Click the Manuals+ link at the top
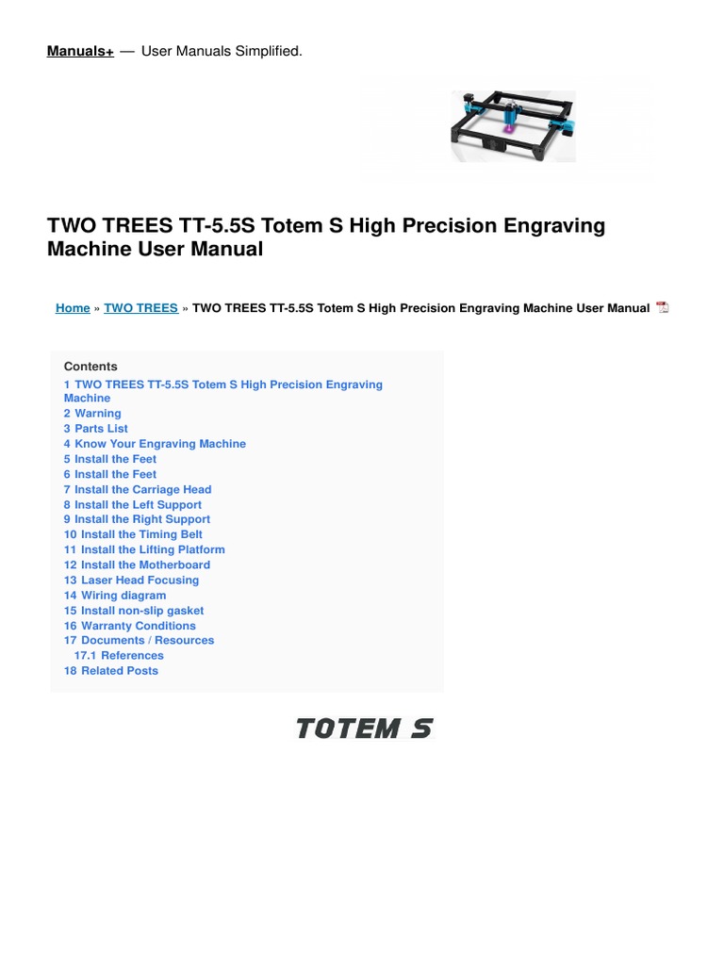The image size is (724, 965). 80,51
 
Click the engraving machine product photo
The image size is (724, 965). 512,126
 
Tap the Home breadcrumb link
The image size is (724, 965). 73,308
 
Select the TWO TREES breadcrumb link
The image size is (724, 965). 140,308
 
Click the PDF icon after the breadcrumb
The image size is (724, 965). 662,308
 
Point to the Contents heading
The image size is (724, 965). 90,367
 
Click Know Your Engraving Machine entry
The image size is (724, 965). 155,444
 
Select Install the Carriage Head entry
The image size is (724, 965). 138,489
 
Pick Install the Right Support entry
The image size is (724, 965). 137,519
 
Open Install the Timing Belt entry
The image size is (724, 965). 133,534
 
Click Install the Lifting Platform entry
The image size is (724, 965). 144,549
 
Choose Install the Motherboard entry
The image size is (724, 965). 137,564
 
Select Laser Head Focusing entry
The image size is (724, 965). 131,581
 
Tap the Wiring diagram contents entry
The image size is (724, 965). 115,596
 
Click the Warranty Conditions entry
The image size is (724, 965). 130,626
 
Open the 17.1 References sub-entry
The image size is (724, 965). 119,656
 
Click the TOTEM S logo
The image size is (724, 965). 364,728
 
